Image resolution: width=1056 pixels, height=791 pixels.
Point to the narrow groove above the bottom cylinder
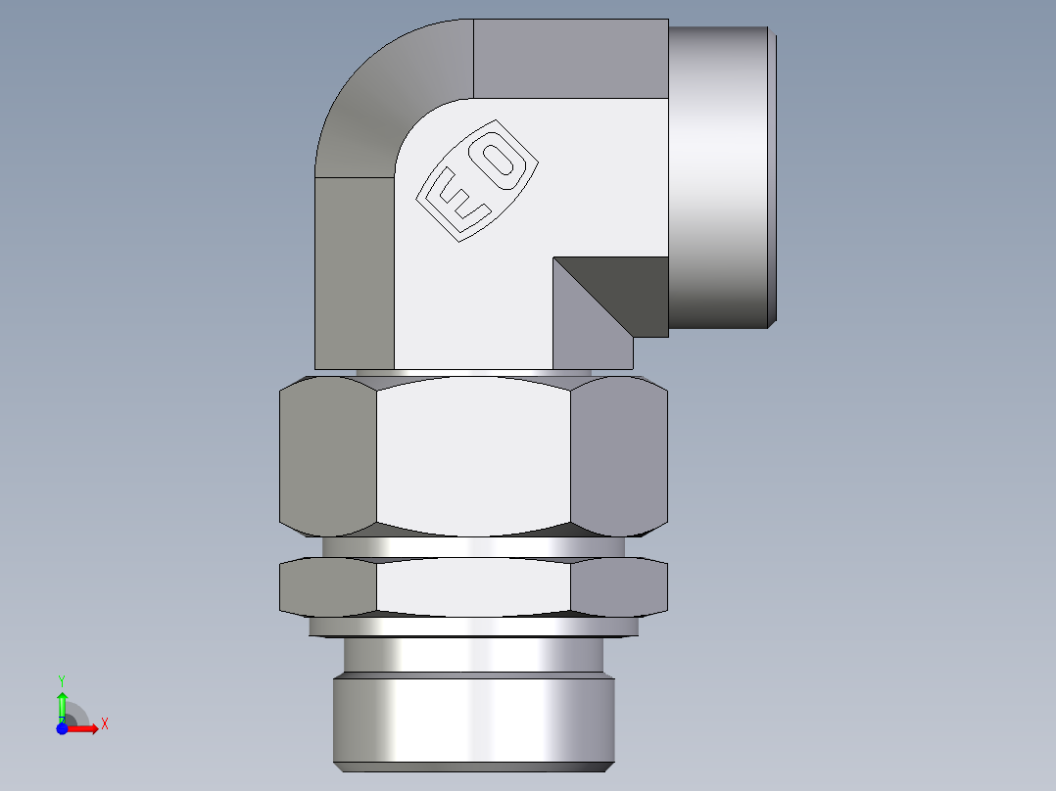475,654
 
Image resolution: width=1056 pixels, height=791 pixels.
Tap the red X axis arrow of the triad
86,728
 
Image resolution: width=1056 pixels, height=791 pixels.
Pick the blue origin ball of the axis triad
62,728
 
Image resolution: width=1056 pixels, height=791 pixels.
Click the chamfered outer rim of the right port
773,176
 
